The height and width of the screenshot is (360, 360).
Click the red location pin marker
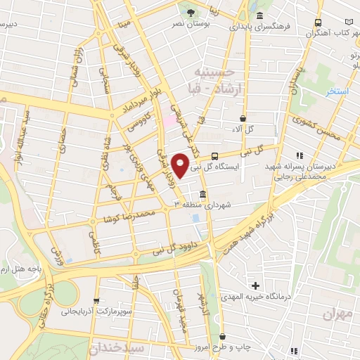[181, 166]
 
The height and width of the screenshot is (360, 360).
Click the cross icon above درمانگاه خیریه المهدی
[256, 285]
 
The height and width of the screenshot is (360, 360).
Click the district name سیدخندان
[117, 348]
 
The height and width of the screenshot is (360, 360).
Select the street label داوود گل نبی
[166, 247]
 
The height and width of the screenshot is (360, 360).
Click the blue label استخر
[333, 92]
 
